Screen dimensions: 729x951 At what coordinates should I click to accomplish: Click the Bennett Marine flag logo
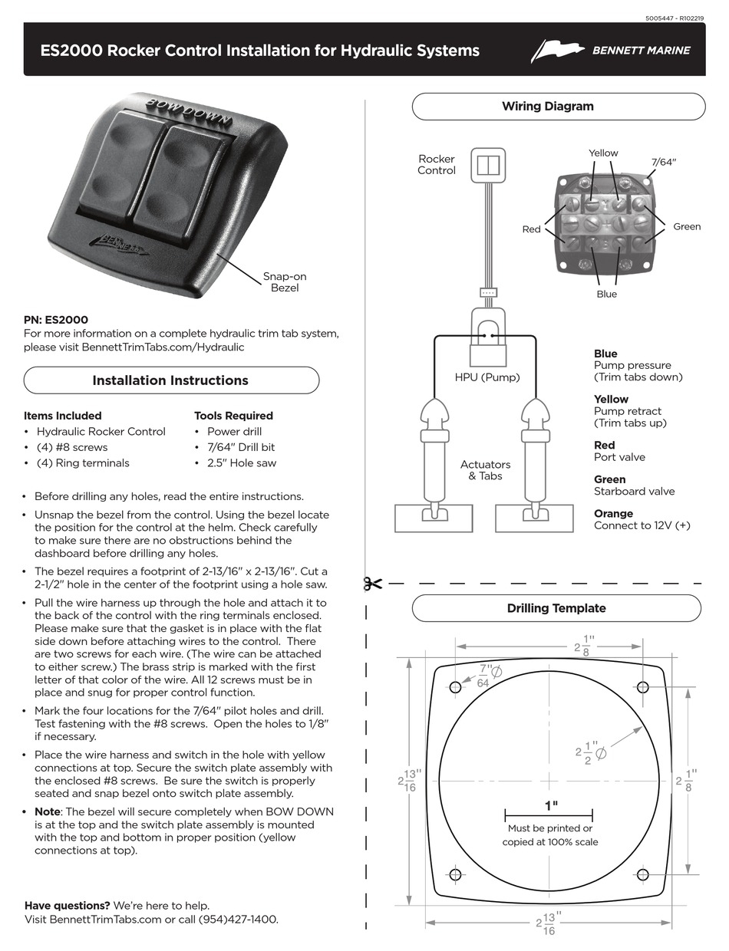click(x=557, y=51)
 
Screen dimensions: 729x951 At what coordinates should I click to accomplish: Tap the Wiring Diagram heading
click(x=548, y=107)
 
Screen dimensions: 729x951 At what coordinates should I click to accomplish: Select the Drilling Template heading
click(x=556, y=608)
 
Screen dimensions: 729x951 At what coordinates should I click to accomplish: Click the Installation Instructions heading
click(x=170, y=380)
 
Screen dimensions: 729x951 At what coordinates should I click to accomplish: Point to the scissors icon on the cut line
click(x=373, y=584)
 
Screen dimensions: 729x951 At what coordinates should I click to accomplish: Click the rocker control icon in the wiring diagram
click(x=488, y=165)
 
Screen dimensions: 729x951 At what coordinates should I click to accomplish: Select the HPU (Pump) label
click(x=487, y=377)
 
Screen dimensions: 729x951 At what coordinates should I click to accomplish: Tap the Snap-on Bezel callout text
click(x=285, y=282)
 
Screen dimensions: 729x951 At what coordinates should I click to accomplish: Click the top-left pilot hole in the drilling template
click(x=455, y=687)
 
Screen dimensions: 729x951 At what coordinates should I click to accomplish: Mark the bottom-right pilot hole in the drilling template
click(x=643, y=875)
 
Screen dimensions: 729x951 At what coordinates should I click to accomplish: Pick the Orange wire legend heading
click(x=613, y=513)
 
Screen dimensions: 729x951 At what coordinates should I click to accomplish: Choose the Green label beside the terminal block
click(x=687, y=227)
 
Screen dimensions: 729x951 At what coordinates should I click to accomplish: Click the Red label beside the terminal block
click(x=532, y=229)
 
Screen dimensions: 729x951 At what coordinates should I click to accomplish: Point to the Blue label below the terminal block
click(x=606, y=294)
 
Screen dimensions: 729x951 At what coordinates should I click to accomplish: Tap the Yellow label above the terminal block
click(x=603, y=153)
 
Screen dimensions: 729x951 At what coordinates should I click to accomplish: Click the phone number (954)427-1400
click(x=238, y=920)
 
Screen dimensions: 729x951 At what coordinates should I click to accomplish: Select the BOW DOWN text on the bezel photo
click(x=189, y=112)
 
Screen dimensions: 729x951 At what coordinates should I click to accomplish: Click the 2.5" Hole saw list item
click(x=242, y=463)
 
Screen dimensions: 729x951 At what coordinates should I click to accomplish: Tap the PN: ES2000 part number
click(x=56, y=320)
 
